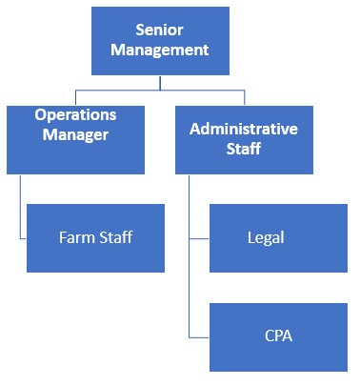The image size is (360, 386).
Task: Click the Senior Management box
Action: tap(159, 40)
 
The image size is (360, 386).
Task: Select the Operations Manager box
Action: tap(75, 139)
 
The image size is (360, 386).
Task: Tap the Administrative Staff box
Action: tap(244, 139)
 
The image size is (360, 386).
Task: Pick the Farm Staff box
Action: tap(95, 237)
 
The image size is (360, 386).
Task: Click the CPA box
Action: tap(278, 336)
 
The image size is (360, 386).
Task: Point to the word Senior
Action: tap(159, 30)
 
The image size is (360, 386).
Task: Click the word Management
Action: tap(159, 50)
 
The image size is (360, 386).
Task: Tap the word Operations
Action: tap(75, 114)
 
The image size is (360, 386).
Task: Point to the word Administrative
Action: tap(244, 129)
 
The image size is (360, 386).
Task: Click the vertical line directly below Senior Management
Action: tap(160, 82)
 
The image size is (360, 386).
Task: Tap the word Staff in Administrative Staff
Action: tap(244, 149)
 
